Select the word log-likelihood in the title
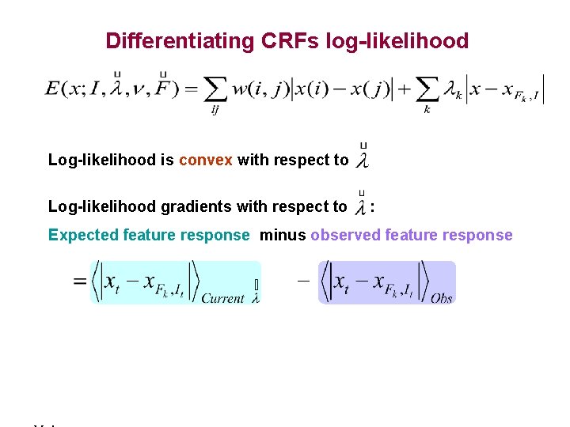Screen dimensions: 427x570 (397, 40)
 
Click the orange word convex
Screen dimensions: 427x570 (206, 160)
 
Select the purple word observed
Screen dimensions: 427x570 (343, 235)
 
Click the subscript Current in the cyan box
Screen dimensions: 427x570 (222, 298)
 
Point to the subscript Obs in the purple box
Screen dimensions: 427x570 (442, 298)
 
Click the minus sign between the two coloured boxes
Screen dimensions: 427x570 (302, 282)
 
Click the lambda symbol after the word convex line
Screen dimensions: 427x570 (363, 161)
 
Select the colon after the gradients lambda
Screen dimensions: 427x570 (373, 207)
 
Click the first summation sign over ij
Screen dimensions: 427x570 (215, 89)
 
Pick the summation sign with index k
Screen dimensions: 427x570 (427, 89)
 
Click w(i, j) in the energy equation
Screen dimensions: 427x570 (260, 89)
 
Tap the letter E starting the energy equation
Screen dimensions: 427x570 (54, 89)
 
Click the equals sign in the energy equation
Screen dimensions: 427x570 (190, 89)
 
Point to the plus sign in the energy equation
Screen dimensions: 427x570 (403, 89)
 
